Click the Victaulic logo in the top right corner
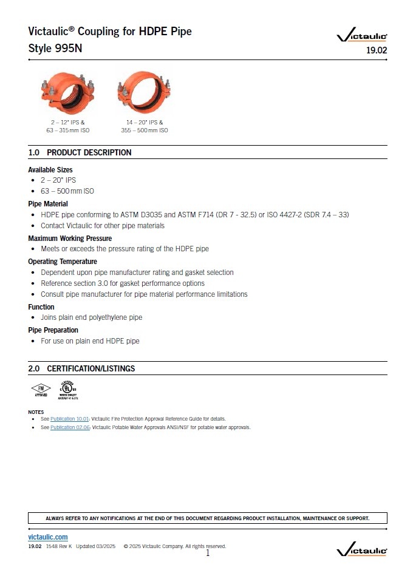[x=362, y=36]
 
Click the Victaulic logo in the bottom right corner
[x=362, y=550]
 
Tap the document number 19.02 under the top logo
[x=377, y=51]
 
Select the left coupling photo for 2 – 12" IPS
[x=68, y=91]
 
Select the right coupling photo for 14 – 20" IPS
[x=143, y=91]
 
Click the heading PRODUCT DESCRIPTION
[x=89, y=152]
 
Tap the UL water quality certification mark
[x=68, y=389]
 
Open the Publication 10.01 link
[x=70, y=419]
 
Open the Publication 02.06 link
[x=70, y=427]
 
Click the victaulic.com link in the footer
[x=48, y=537]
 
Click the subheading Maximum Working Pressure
[x=70, y=238]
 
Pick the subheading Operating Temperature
[x=63, y=261]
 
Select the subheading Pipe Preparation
[x=53, y=330]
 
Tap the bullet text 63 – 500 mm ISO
[x=67, y=191]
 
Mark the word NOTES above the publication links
[x=36, y=412]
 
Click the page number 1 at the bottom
[x=207, y=552]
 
